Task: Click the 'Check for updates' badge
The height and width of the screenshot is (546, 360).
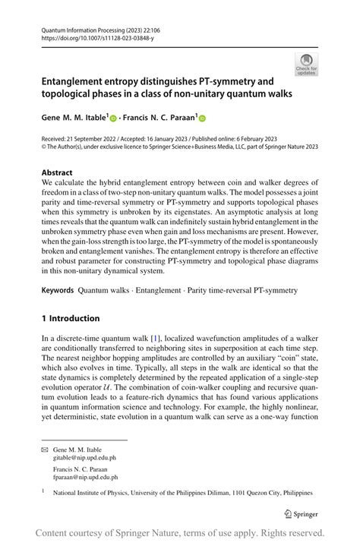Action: tap(307, 64)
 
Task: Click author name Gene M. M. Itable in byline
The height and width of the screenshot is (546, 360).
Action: tap(74, 118)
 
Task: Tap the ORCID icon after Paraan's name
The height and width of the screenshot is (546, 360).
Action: tap(203, 118)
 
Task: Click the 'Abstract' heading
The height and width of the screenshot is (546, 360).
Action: tap(58, 172)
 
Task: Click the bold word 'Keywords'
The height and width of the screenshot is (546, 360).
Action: tap(58, 290)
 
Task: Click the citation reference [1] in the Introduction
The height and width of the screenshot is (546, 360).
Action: tap(155, 337)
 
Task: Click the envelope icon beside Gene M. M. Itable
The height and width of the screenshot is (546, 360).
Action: tap(45, 450)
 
